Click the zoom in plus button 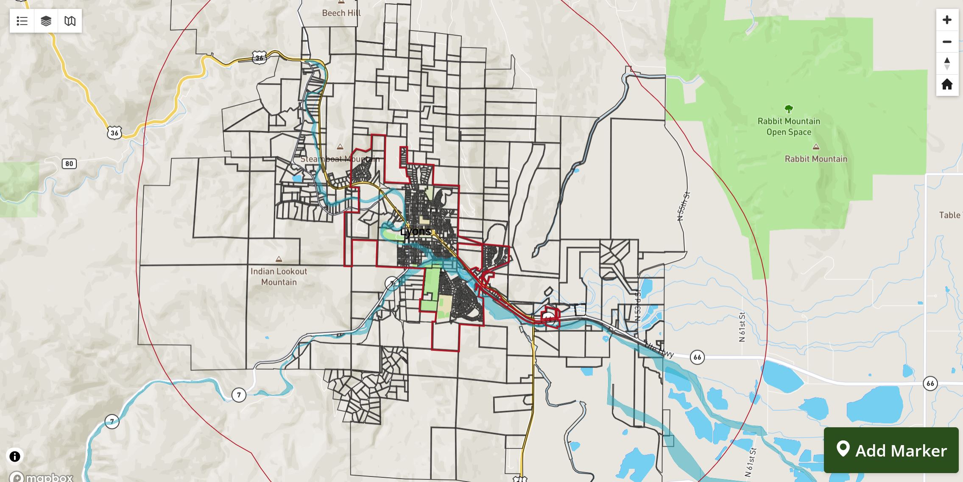[947, 20]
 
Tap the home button [947, 84]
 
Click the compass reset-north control [947, 64]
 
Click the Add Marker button [891, 450]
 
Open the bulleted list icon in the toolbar [22, 21]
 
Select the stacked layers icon [46, 21]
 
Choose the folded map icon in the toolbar [70, 21]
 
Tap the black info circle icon [15, 457]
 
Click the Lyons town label [415, 232]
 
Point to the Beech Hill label [341, 13]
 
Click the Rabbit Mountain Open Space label [789, 126]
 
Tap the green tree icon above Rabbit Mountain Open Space [789, 109]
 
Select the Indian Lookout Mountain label [279, 277]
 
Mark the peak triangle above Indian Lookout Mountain [279, 259]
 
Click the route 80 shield [69, 164]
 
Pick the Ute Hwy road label [659, 350]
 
